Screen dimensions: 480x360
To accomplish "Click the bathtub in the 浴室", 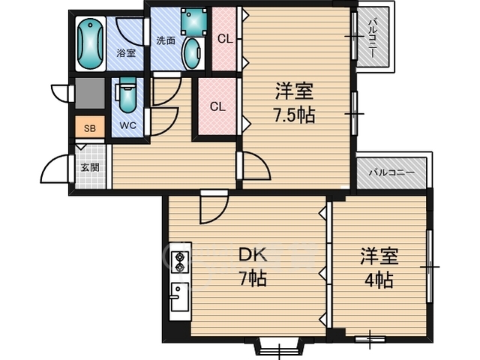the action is pyautogui.click(x=90, y=43).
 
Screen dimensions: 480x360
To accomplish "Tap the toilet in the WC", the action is pyautogui.click(x=127, y=95).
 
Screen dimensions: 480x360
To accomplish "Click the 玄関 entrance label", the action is pyautogui.click(x=90, y=167).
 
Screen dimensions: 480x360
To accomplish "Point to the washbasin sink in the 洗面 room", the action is pyautogui.click(x=193, y=54).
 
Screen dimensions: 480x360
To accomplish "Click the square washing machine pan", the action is pyautogui.click(x=193, y=22).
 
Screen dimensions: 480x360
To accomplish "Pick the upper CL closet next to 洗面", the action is pyautogui.click(x=225, y=39).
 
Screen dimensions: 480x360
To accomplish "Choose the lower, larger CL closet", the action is pyautogui.click(x=217, y=106).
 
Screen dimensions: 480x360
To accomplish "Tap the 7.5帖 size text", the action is pyautogui.click(x=294, y=115).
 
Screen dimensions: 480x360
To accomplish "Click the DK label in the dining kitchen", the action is pyautogui.click(x=253, y=255).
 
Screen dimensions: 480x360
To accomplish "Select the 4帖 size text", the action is pyautogui.click(x=379, y=280).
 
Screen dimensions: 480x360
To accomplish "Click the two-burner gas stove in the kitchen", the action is pyautogui.click(x=180, y=262).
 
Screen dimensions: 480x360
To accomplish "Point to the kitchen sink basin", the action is pyautogui.click(x=179, y=297).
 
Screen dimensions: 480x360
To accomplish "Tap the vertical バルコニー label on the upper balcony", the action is pyautogui.click(x=373, y=37).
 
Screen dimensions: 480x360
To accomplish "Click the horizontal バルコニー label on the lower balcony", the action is pyautogui.click(x=391, y=173).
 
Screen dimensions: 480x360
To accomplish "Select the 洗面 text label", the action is pyautogui.click(x=166, y=40).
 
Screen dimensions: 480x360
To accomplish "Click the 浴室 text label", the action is pyautogui.click(x=126, y=53).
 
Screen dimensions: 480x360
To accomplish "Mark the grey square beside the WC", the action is pyautogui.click(x=90, y=93).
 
